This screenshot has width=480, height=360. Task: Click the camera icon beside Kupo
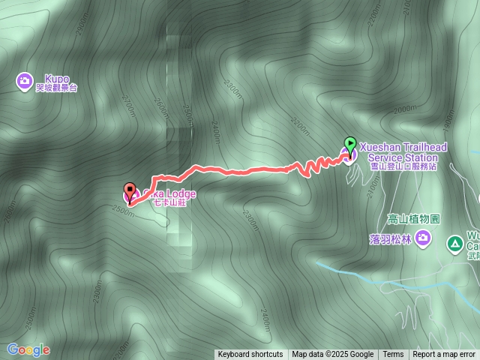click(25, 79)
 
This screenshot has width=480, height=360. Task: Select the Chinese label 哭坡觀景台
click(56, 88)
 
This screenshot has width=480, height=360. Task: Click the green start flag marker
click(349, 144)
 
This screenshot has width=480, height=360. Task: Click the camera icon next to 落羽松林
click(424, 239)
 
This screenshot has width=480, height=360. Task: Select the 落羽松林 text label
click(391, 239)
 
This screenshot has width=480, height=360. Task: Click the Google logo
click(28, 349)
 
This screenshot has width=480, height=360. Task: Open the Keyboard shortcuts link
click(250, 355)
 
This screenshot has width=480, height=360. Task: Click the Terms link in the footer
click(393, 355)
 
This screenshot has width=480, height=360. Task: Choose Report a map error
click(444, 355)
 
